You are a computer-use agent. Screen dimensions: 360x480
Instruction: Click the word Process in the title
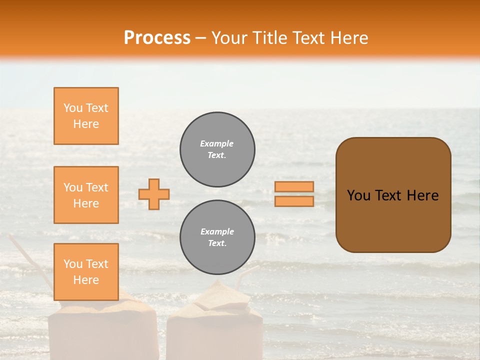pos(157,38)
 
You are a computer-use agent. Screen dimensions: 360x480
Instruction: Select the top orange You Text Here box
pos(86,116)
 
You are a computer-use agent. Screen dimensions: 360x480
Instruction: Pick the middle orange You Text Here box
pos(86,195)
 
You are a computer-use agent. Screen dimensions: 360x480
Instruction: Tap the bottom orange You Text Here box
pos(86,271)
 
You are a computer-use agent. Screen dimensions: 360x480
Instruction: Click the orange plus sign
pos(154,194)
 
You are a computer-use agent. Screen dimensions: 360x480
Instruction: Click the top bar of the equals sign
pos(294,187)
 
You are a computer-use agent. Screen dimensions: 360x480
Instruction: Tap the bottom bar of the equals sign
pos(294,201)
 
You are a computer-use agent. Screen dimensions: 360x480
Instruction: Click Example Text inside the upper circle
pos(217,149)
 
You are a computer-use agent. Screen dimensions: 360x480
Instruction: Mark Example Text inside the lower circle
pos(217,237)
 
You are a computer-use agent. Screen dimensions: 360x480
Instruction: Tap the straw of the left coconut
pos(30,260)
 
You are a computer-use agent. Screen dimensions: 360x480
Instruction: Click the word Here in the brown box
pos(422,195)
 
